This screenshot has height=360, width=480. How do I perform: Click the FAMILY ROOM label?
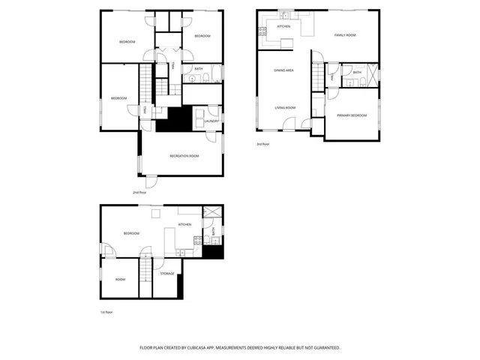[x=344, y=35]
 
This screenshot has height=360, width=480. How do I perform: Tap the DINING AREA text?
[x=283, y=70]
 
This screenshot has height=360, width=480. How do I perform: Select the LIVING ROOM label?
[x=284, y=107]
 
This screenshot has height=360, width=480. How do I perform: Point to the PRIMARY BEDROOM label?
[x=351, y=115]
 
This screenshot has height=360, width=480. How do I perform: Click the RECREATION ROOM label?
[x=184, y=155]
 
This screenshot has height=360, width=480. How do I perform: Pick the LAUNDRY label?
[x=211, y=121]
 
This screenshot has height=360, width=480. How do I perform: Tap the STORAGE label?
[x=167, y=274]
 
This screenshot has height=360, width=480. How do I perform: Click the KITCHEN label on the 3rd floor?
[x=283, y=26]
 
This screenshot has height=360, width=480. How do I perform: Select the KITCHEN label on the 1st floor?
[x=184, y=224]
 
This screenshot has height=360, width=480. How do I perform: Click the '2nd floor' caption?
[x=139, y=192]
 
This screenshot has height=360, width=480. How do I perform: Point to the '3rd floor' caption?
[x=263, y=144]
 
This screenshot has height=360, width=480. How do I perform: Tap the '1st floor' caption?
[x=106, y=311]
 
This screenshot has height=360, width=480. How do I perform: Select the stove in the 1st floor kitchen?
[x=197, y=241]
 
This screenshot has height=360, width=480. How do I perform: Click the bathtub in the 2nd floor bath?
[x=215, y=74]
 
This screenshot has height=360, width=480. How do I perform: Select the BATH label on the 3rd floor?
[x=357, y=73]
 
